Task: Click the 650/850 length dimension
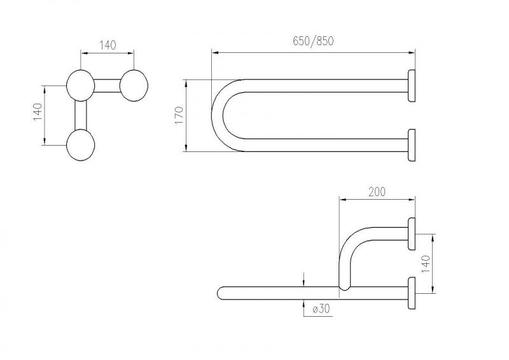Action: tap(313, 41)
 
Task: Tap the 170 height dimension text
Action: tap(179, 115)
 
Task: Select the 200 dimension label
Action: tap(377, 192)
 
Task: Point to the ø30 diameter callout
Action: tap(321, 308)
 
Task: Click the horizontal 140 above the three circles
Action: tap(108, 45)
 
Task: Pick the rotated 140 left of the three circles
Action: tap(38, 112)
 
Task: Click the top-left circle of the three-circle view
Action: tap(81, 86)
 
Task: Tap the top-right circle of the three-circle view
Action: tap(134, 86)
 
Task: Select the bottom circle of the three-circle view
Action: tap(81, 145)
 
